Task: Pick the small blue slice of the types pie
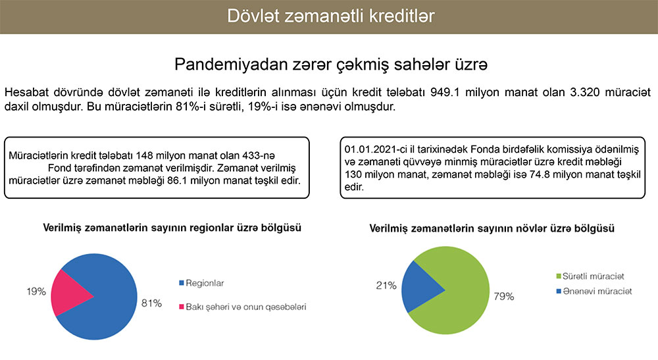[418, 288]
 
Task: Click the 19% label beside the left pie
[36, 291]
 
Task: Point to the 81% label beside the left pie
[151, 303]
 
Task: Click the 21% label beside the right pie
[386, 286]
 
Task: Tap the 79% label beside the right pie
[504, 296]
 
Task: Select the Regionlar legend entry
[201, 283]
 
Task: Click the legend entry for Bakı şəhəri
[243, 307]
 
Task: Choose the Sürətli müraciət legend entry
[590, 276]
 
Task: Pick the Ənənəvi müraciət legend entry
[594, 291]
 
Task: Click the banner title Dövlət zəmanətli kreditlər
[331, 16]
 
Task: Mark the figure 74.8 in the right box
[540, 174]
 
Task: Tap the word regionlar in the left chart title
[211, 228]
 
